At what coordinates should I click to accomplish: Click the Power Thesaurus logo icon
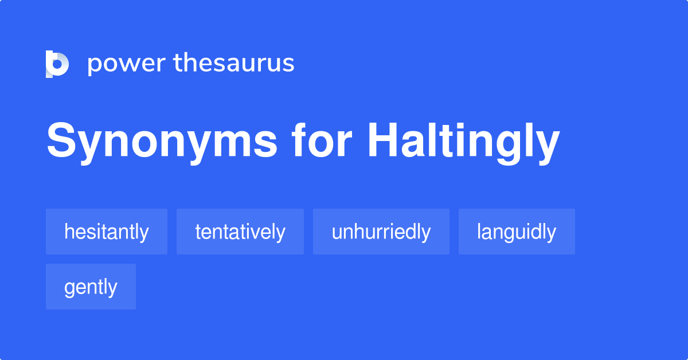point(57,64)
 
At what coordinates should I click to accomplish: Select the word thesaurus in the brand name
point(234,63)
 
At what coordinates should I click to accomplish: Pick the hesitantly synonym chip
point(107,232)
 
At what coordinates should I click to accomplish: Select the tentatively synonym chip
point(240,232)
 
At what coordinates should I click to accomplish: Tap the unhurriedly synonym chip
point(381,232)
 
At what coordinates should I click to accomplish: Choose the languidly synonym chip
point(517,232)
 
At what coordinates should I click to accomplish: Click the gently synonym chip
point(91,287)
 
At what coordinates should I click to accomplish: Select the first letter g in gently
point(69,288)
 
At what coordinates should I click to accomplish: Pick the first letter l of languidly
point(479,231)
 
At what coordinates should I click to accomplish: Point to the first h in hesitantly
point(69,231)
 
